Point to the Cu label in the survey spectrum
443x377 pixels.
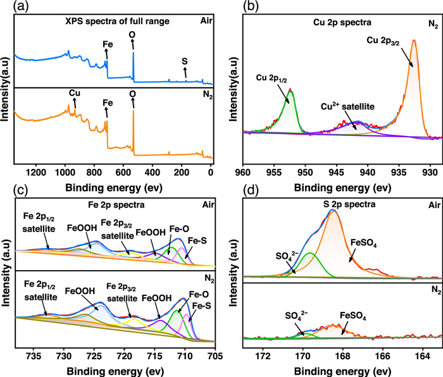tap(75, 92)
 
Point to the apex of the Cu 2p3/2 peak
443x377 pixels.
tap(413, 40)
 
